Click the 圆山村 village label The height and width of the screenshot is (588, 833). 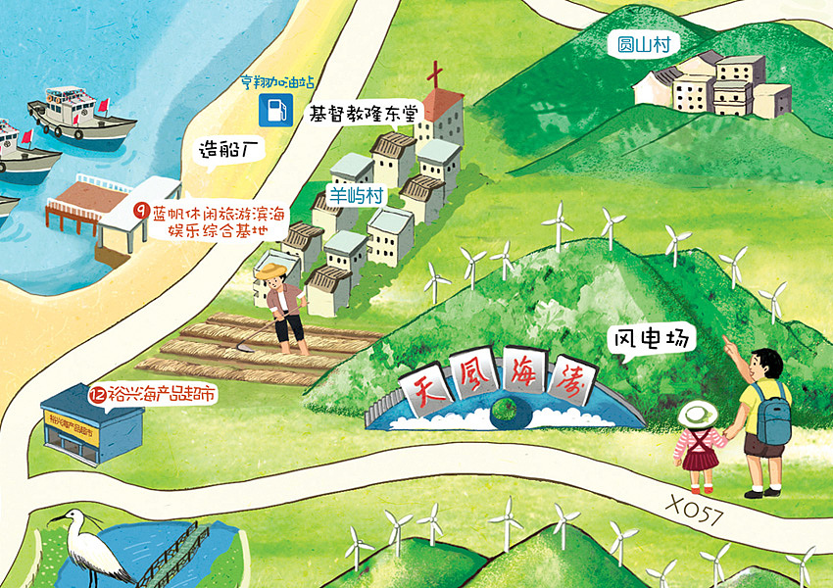(x=643, y=44)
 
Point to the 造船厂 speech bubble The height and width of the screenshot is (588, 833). (x=226, y=150)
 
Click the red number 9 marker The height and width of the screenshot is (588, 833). (x=140, y=210)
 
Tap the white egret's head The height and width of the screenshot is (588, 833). (x=69, y=517)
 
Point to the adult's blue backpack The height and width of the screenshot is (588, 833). (x=772, y=413)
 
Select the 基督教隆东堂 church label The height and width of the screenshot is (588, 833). (x=363, y=113)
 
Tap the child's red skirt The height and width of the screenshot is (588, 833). (x=698, y=457)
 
